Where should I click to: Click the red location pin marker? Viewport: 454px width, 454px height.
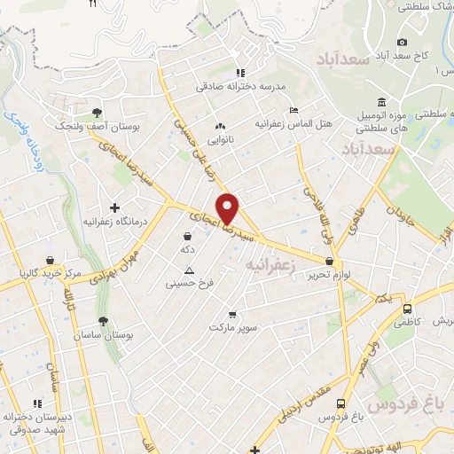228,207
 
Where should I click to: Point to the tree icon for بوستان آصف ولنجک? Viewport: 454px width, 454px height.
96,112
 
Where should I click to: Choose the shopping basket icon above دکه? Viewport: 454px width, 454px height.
188,236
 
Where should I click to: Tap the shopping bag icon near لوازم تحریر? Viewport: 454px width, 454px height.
330,262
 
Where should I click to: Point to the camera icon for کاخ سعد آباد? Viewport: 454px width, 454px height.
402,42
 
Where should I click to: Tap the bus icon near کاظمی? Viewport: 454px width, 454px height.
407,310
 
